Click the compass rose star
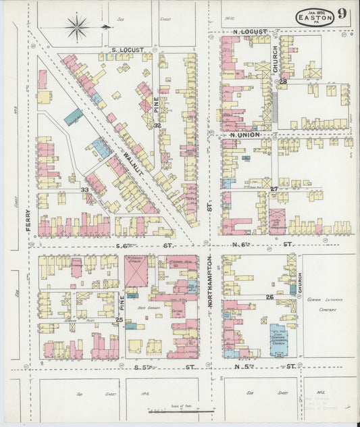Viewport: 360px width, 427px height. tap(77, 28)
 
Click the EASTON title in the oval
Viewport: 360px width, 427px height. tap(315, 18)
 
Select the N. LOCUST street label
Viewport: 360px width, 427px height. tap(250, 32)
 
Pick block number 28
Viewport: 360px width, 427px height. tap(283, 82)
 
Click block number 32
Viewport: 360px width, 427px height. tap(157, 125)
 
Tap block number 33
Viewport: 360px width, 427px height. tap(85, 190)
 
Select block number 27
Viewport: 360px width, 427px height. tap(274, 189)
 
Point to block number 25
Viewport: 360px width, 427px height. tap(119, 320)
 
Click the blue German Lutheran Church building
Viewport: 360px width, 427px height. tap(279, 339)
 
